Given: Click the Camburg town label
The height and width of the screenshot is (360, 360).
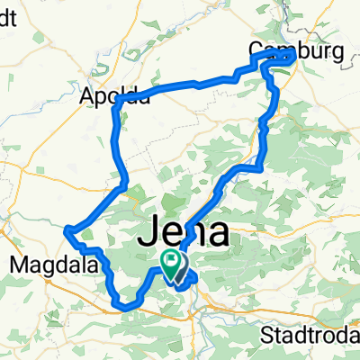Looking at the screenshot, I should [297, 53].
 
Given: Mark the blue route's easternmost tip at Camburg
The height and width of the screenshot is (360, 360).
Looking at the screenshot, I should [295, 56].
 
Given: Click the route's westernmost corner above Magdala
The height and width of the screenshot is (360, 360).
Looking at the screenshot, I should [66, 233].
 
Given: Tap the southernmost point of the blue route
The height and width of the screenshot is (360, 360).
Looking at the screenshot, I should [126, 307].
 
